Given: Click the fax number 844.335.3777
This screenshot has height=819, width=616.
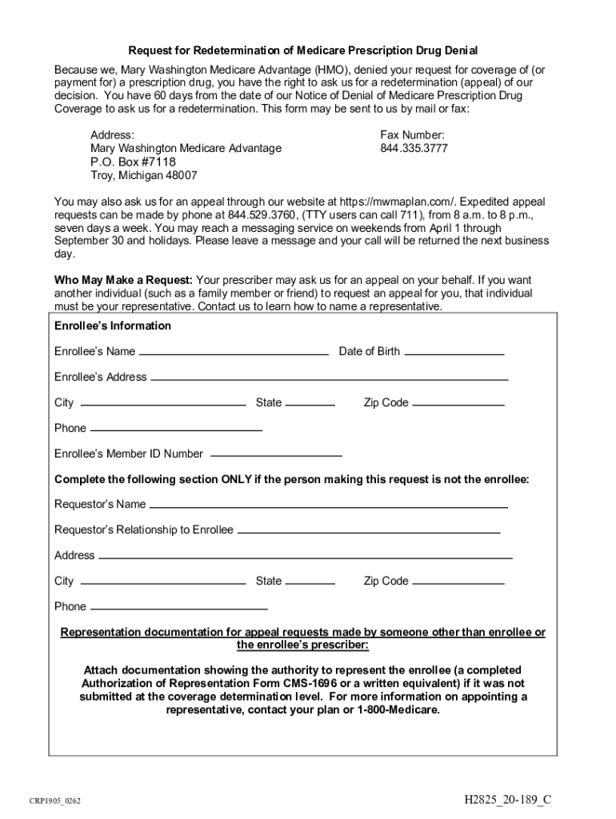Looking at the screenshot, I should point(414,149).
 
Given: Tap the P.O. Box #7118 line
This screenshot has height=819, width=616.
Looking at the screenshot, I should point(133,162).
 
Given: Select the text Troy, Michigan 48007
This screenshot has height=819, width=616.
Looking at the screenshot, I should point(144,176).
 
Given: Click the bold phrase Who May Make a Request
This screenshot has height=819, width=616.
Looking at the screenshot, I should point(123,281).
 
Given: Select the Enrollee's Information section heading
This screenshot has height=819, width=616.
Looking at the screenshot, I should point(113,326).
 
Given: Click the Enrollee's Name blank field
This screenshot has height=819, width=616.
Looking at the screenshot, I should point(234,351).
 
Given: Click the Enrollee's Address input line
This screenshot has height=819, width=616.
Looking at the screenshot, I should point(329,377).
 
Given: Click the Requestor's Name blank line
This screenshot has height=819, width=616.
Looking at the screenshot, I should point(328,505).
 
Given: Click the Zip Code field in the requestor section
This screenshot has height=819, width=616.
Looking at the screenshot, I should point(458,581).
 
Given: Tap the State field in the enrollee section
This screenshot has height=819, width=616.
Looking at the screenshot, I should point(310,402).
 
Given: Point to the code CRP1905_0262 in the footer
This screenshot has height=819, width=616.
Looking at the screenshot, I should point(55,801).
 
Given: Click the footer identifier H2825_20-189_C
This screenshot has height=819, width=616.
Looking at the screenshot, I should point(508,800).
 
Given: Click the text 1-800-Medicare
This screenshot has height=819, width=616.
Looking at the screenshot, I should point(398,709).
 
